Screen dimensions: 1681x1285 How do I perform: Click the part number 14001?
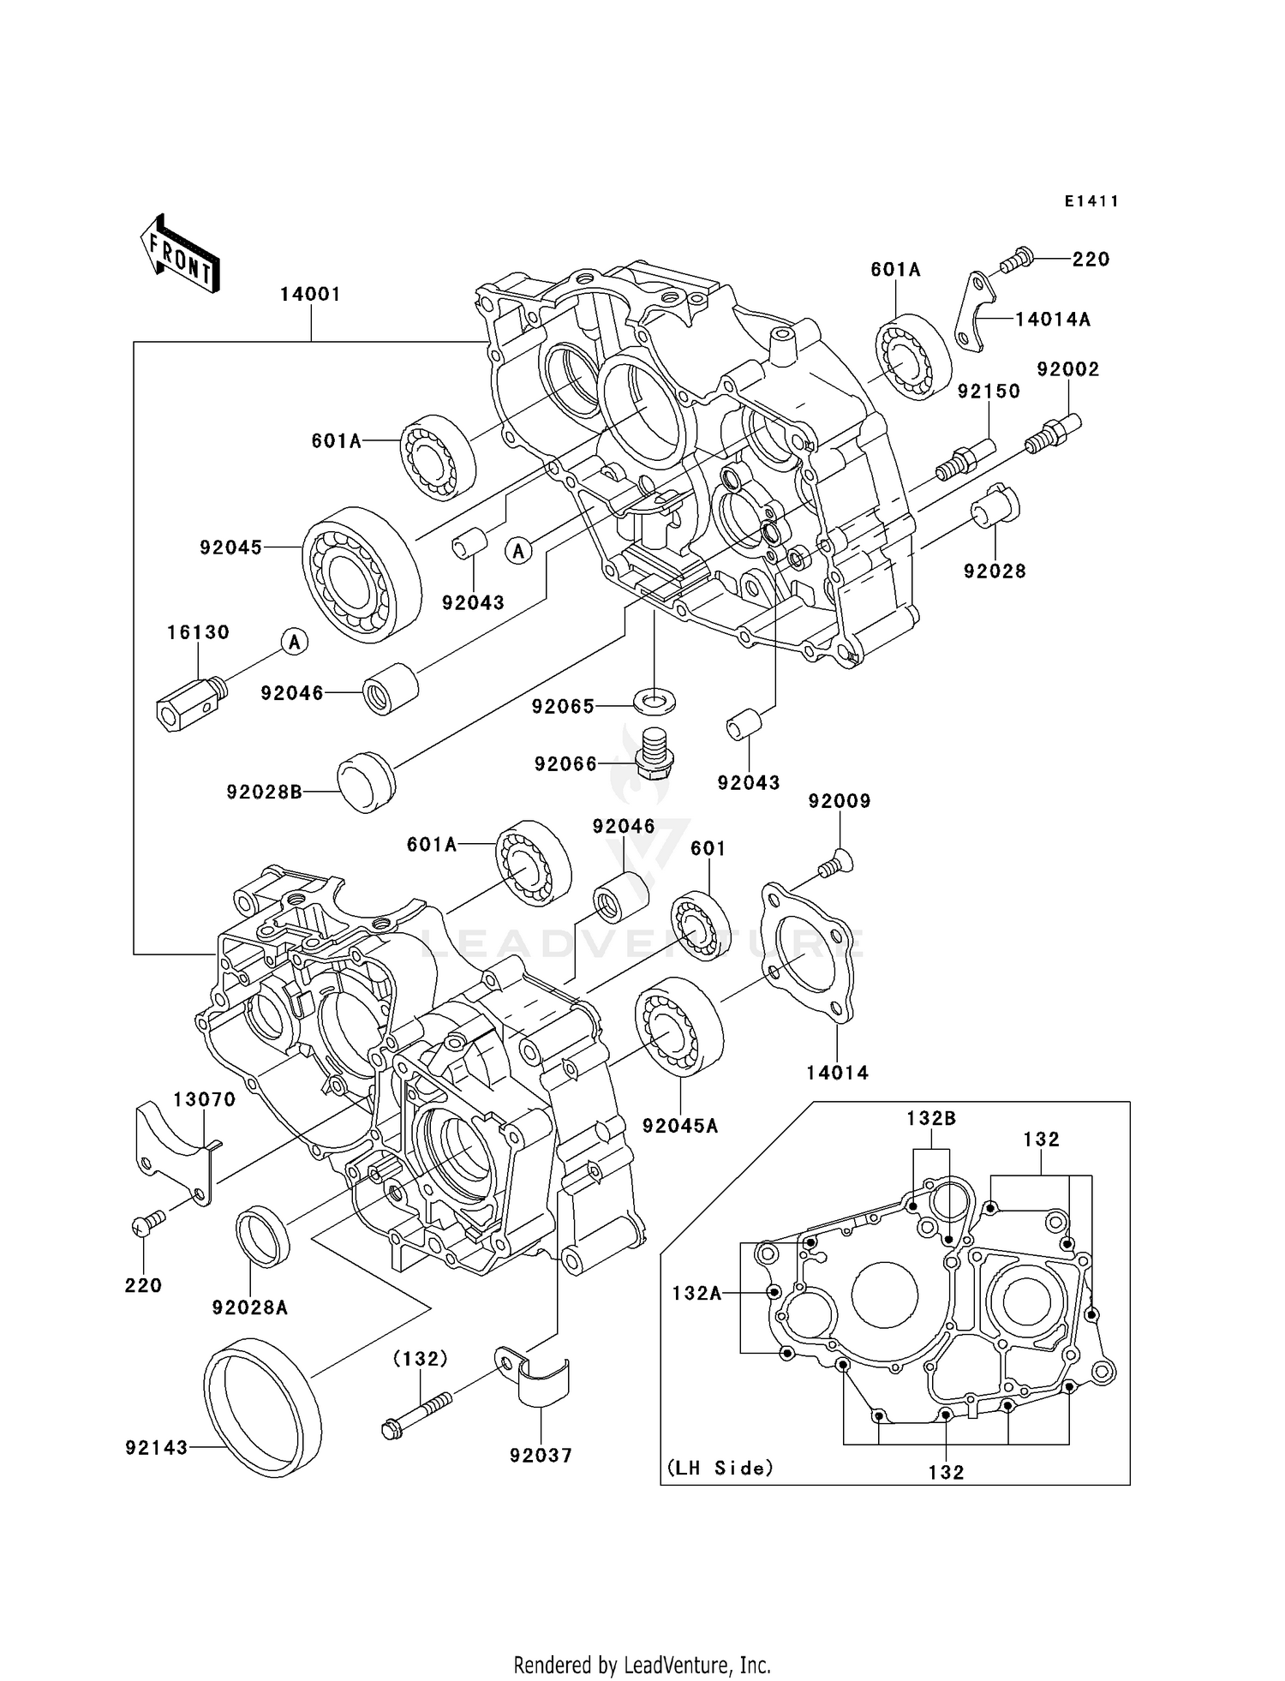click(310, 294)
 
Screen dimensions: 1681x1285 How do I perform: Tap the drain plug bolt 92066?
click(655, 752)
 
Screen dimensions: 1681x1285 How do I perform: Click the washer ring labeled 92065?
click(654, 698)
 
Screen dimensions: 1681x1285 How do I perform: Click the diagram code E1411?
click(1091, 201)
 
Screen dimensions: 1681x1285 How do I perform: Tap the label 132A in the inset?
click(696, 1293)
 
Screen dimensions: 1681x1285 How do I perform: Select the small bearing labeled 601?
click(701, 925)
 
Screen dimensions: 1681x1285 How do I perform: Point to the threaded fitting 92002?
click(1054, 433)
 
